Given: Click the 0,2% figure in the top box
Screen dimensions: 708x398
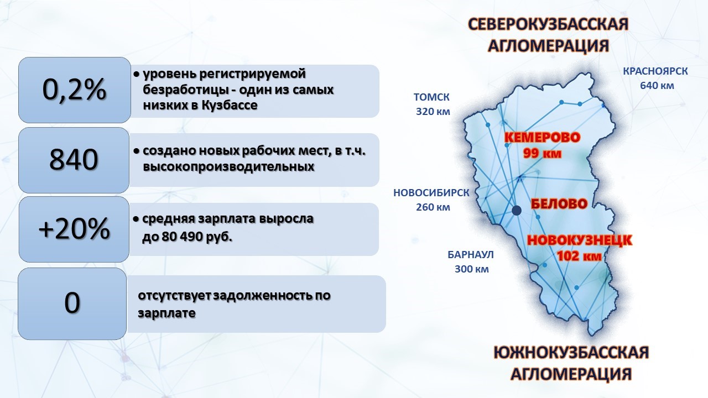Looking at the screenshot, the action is tap(74, 90).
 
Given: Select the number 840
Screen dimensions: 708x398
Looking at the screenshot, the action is tap(74, 160).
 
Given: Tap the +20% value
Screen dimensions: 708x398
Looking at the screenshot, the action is tap(74, 229).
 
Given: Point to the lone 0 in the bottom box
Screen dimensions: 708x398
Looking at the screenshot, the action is tap(72, 302).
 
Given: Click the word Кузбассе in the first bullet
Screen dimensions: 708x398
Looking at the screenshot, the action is tap(230, 105).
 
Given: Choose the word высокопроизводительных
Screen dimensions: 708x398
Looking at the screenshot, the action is tap(228, 166).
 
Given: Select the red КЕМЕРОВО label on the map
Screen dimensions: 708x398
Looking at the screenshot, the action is tap(543, 138).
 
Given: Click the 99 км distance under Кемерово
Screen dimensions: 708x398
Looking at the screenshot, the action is tap(542, 153).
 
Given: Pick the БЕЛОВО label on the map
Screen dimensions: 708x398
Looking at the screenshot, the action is tap(559, 204).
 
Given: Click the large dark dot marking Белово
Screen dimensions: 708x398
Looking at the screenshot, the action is tap(517, 211).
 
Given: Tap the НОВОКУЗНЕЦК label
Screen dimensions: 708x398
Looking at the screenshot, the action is tap(580, 240).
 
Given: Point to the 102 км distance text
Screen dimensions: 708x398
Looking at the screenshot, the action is tap(579, 256).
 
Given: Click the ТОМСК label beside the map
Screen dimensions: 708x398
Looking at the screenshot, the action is tap(431, 97).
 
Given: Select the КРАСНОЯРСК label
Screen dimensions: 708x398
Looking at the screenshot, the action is tap(655, 71).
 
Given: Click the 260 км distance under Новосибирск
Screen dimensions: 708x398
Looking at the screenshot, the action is tap(433, 207).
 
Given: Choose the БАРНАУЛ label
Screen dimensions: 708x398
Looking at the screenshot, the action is tap(471, 255).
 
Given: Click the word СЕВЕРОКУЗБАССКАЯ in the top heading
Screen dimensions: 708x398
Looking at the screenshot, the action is tap(548, 24).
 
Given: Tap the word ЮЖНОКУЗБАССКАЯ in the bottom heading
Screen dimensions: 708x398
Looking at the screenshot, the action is tap(571, 353).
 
